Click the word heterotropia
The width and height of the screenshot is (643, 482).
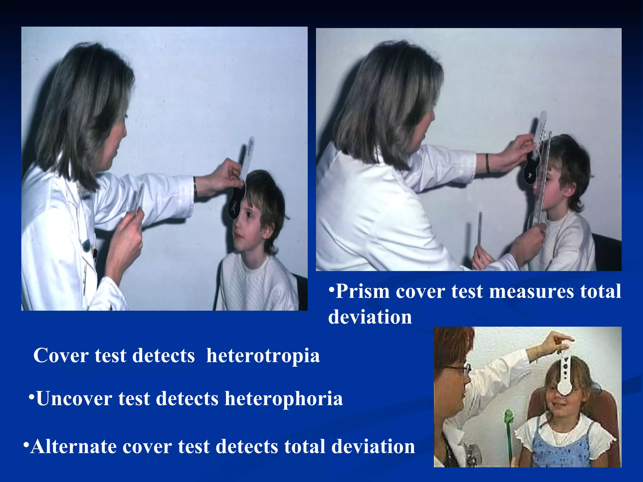[263, 356]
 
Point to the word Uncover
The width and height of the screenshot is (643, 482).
[74, 399]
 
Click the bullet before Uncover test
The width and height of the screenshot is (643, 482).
[31, 397]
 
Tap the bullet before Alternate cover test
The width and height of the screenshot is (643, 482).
[26, 445]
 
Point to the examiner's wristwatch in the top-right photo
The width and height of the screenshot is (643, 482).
[487, 163]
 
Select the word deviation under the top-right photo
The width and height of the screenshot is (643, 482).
[370, 317]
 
